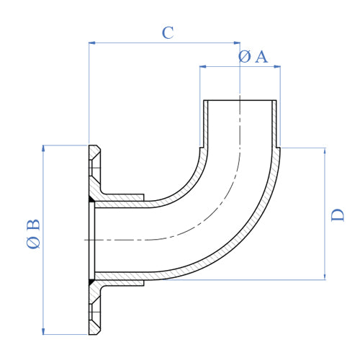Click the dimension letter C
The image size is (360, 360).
click(x=167, y=32)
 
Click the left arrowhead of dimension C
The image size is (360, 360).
click(x=91, y=43)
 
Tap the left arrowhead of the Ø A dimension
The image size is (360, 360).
click(x=202, y=68)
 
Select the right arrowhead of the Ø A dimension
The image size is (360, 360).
click(x=278, y=68)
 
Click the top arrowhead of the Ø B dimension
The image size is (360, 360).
click(x=45, y=148)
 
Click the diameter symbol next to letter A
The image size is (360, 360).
click(x=243, y=57)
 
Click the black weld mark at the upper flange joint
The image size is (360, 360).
click(x=90, y=199)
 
